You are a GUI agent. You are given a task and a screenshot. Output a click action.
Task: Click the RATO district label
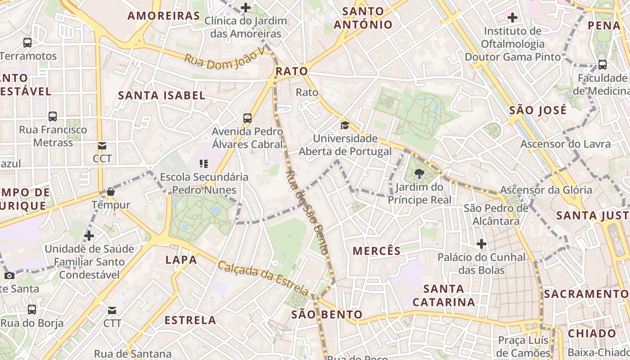pyautogui.click(x=292, y=71)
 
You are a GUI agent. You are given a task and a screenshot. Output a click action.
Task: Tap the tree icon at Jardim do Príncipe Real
pyautogui.click(x=419, y=173)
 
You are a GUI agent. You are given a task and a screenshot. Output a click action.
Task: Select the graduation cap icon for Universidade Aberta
pyautogui.click(x=345, y=125)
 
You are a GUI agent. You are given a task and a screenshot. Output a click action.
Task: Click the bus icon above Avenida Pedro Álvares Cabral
pyautogui.click(x=247, y=118)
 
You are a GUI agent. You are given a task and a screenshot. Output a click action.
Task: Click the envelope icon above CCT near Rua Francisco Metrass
pyautogui.click(x=102, y=145)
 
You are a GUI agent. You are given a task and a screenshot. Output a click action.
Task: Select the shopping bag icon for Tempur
pyautogui.click(x=111, y=192)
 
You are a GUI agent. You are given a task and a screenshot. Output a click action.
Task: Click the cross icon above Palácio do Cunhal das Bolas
pyautogui.click(x=481, y=244)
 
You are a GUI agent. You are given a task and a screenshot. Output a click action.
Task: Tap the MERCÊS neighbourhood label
pyautogui.click(x=377, y=251)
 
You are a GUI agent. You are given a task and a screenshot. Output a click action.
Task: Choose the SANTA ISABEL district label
pyautogui.click(x=162, y=95)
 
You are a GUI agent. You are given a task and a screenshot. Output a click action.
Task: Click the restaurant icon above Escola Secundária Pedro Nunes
pyautogui.click(x=204, y=163)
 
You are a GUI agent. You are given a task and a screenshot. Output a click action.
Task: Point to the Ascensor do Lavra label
pyautogui.click(x=566, y=144)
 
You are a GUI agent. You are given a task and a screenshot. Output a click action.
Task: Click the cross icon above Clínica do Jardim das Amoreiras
pyautogui.click(x=245, y=7)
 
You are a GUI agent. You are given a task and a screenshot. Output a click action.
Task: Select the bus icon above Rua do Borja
pyautogui.click(x=32, y=310)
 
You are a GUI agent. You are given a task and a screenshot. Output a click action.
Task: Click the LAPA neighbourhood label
pyautogui.click(x=181, y=260)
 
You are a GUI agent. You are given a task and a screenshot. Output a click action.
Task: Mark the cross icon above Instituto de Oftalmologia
pyautogui.click(x=512, y=18)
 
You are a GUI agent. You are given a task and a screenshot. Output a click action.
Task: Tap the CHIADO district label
pyautogui.click(x=592, y=333)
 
